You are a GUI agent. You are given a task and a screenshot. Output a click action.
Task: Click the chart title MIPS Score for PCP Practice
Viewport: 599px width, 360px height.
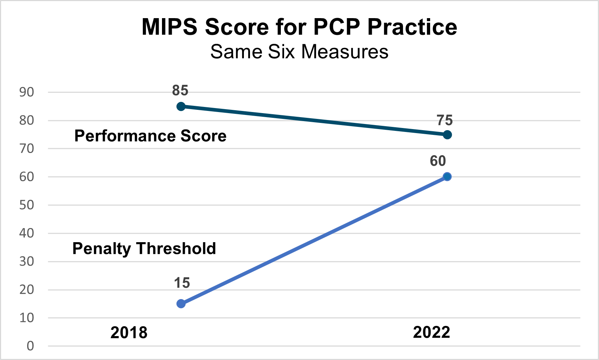tap(299, 27)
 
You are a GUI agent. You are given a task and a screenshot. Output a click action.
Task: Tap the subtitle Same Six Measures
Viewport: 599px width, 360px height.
tap(299, 51)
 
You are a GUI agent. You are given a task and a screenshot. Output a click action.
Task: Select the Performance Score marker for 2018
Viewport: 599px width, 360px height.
tap(181, 107)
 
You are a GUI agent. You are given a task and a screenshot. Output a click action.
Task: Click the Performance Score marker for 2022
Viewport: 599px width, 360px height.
tap(447, 135)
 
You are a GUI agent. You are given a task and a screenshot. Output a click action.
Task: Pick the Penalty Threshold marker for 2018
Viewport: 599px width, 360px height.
tap(181, 304)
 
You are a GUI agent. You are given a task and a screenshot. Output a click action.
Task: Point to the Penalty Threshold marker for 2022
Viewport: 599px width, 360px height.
tap(447, 177)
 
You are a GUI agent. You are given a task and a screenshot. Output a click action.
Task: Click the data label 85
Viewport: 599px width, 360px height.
tap(180, 90)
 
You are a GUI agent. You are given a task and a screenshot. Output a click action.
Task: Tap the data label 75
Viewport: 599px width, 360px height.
tap(445, 120)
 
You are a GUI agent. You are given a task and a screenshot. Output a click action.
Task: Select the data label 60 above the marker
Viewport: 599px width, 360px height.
tap(438, 161)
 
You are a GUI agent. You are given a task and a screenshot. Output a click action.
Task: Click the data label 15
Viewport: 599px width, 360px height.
tap(182, 283)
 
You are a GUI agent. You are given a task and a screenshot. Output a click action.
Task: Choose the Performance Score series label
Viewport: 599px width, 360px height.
tap(150, 136)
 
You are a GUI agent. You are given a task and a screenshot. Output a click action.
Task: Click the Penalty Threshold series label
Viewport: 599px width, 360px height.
tap(144, 249)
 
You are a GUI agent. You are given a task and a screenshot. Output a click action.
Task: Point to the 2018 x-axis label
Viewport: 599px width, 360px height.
tap(129, 332)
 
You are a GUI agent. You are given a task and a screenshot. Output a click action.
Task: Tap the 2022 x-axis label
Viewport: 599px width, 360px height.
tap(432, 332)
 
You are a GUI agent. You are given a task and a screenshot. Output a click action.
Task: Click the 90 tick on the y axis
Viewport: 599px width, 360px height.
tap(26, 92)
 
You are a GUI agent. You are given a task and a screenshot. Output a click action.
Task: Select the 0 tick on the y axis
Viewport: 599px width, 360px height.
tap(30, 346)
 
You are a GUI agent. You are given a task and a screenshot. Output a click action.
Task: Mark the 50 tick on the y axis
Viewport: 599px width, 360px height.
tap(26, 205)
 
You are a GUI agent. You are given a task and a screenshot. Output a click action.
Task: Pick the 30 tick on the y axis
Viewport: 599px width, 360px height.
tap(26, 261)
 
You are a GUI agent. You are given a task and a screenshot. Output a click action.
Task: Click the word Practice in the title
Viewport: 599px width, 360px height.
tap(412, 27)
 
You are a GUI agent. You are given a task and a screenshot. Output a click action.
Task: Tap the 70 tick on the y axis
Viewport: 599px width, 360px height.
tap(26, 149)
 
